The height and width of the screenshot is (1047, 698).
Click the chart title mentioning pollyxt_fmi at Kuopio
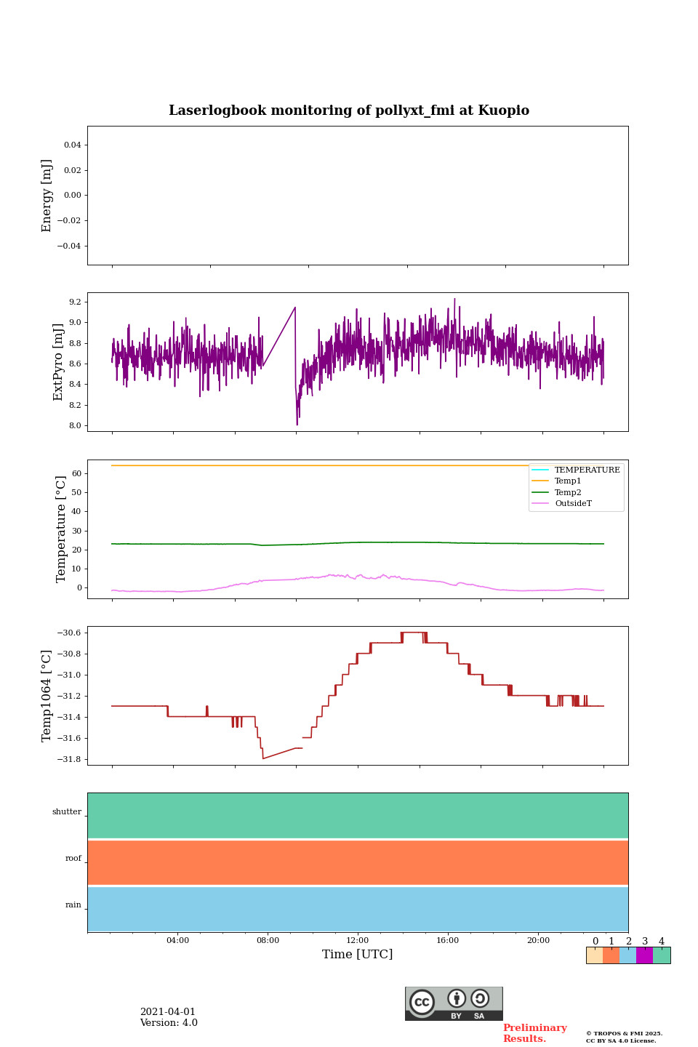point(349,111)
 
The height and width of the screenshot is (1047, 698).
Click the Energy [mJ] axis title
point(47,196)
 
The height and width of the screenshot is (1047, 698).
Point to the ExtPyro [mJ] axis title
point(58,362)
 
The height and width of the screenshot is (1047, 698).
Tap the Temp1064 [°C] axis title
point(47,696)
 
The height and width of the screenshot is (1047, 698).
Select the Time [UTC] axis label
point(357,954)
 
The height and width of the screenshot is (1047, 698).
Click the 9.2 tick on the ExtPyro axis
point(74,302)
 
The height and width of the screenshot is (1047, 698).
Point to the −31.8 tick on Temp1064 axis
point(70,760)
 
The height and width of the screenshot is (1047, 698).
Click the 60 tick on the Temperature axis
point(76,473)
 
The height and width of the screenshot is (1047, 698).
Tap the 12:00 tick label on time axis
point(357,940)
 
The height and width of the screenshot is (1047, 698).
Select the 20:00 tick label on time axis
point(538,940)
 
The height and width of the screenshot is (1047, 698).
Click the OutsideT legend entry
point(573,503)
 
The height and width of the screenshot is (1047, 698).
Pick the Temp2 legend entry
point(568,492)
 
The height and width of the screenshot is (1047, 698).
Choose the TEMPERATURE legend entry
point(587,470)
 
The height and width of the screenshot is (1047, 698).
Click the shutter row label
point(67,812)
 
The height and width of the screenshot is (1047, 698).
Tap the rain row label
point(73,905)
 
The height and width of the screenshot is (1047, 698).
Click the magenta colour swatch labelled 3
point(644,955)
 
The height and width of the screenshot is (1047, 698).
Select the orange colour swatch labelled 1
point(611,955)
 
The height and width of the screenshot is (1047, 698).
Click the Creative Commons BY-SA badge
point(454,1003)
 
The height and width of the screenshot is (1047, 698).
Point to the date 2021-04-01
point(168,1012)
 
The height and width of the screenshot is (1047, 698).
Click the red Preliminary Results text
point(534,1033)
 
